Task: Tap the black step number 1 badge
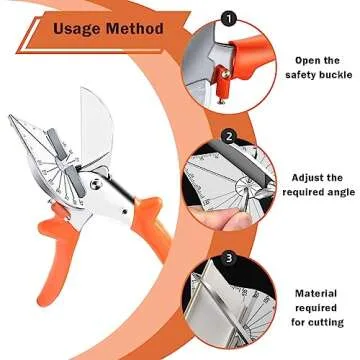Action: click(x=228, y=17)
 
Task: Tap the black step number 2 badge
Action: click(x=228, y=136)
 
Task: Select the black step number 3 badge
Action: click(x=228, y=256)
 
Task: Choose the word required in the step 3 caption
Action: click(x=315, y=308)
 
